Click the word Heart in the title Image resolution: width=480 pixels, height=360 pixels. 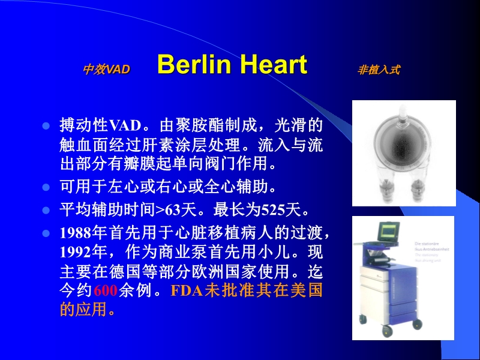pyautogui.click(x=271, y=65)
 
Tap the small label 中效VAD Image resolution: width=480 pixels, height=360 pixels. pyautogui.click(x=106, y=70)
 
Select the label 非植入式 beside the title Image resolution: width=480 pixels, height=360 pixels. pyautogui.click(x=379, y=70)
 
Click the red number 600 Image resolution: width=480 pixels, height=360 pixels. pyautogui.click(x=106, y=292)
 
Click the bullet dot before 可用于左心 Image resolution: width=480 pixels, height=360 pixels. pyautogui.click(x=44, y=187)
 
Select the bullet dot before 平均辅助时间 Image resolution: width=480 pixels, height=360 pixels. pyautogui.click(x=44, y=211)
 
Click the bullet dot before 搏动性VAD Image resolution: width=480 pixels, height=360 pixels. pyautogui.click(x=44, y=127)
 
